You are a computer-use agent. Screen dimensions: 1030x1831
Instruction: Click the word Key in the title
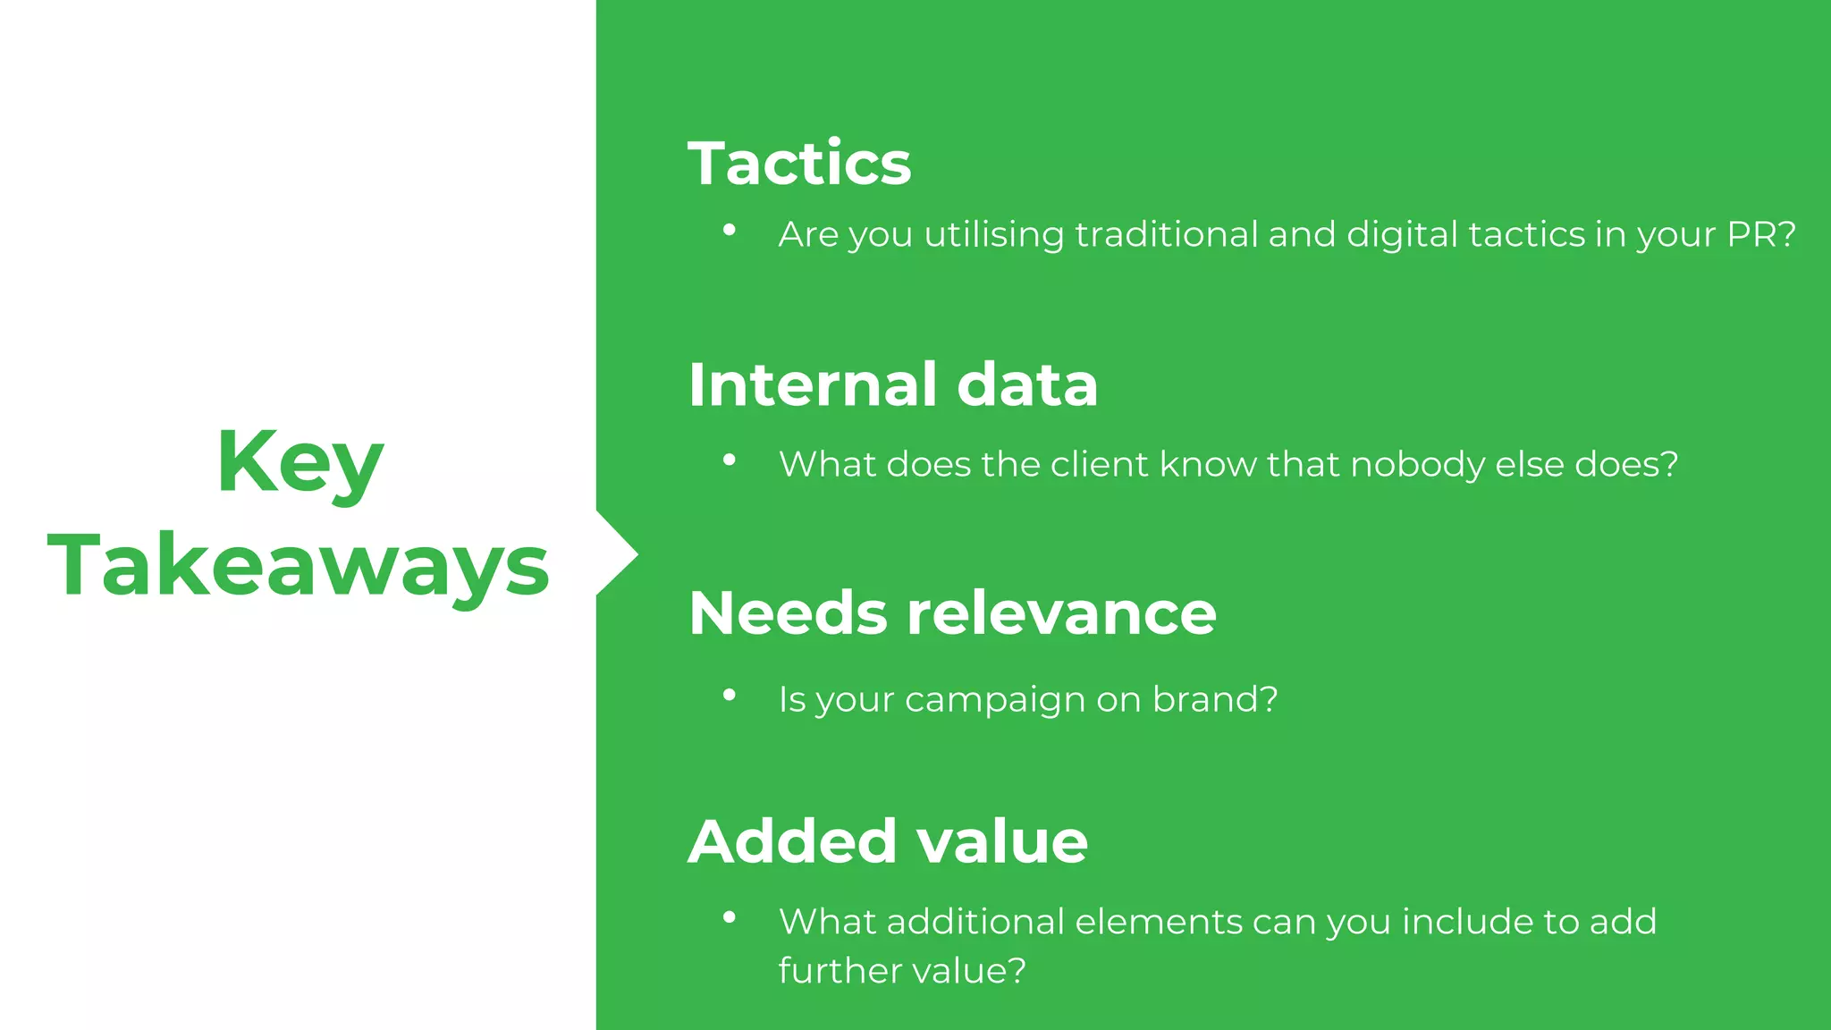300,463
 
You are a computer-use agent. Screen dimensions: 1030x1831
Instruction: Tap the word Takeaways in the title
299,565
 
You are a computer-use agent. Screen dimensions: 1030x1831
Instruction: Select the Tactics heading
799,164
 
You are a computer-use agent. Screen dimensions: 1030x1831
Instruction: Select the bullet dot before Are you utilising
730,231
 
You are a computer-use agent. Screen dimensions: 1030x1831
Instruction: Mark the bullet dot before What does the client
730,460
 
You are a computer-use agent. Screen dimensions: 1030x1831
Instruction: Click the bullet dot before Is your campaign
730,695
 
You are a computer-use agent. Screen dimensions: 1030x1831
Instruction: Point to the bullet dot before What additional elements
730,917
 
